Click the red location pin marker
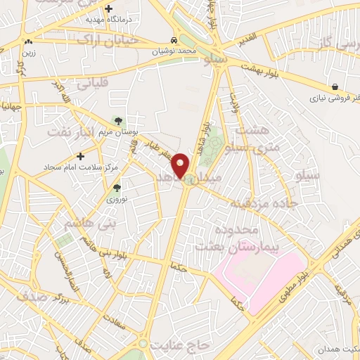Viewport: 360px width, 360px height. [x=181, y=165]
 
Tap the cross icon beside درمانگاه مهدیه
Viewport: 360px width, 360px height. [x=108, y=9]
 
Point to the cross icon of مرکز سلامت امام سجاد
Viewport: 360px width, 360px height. [x=81, y=155]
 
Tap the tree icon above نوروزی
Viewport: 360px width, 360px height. [x=117, y=188]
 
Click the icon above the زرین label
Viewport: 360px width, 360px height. [x=27, y=41]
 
